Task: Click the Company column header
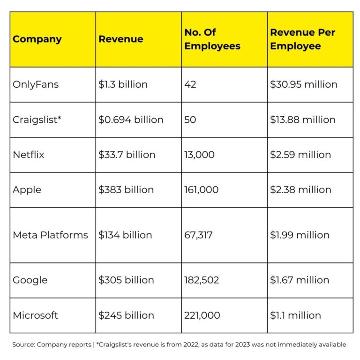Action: (37, 39)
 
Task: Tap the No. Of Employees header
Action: (212, 39)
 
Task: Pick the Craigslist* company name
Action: (37, 120)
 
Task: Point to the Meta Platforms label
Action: (50, 235)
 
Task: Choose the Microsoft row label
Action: (36, 315)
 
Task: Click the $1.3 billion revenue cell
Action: (123, 84)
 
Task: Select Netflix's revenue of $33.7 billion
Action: (127, 155)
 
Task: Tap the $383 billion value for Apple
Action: (126, 190)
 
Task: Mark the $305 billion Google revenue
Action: (126, 280)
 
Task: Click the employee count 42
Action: (190, 84)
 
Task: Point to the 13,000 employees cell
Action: (200, 155)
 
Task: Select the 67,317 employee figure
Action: (198, 235)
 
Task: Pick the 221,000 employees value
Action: (202, 315)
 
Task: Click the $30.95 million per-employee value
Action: (303, 84)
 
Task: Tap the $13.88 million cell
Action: (302, 120)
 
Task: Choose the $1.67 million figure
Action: (300, 280)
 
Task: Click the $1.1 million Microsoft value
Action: (295, 315)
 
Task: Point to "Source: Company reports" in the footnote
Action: (52, 345)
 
